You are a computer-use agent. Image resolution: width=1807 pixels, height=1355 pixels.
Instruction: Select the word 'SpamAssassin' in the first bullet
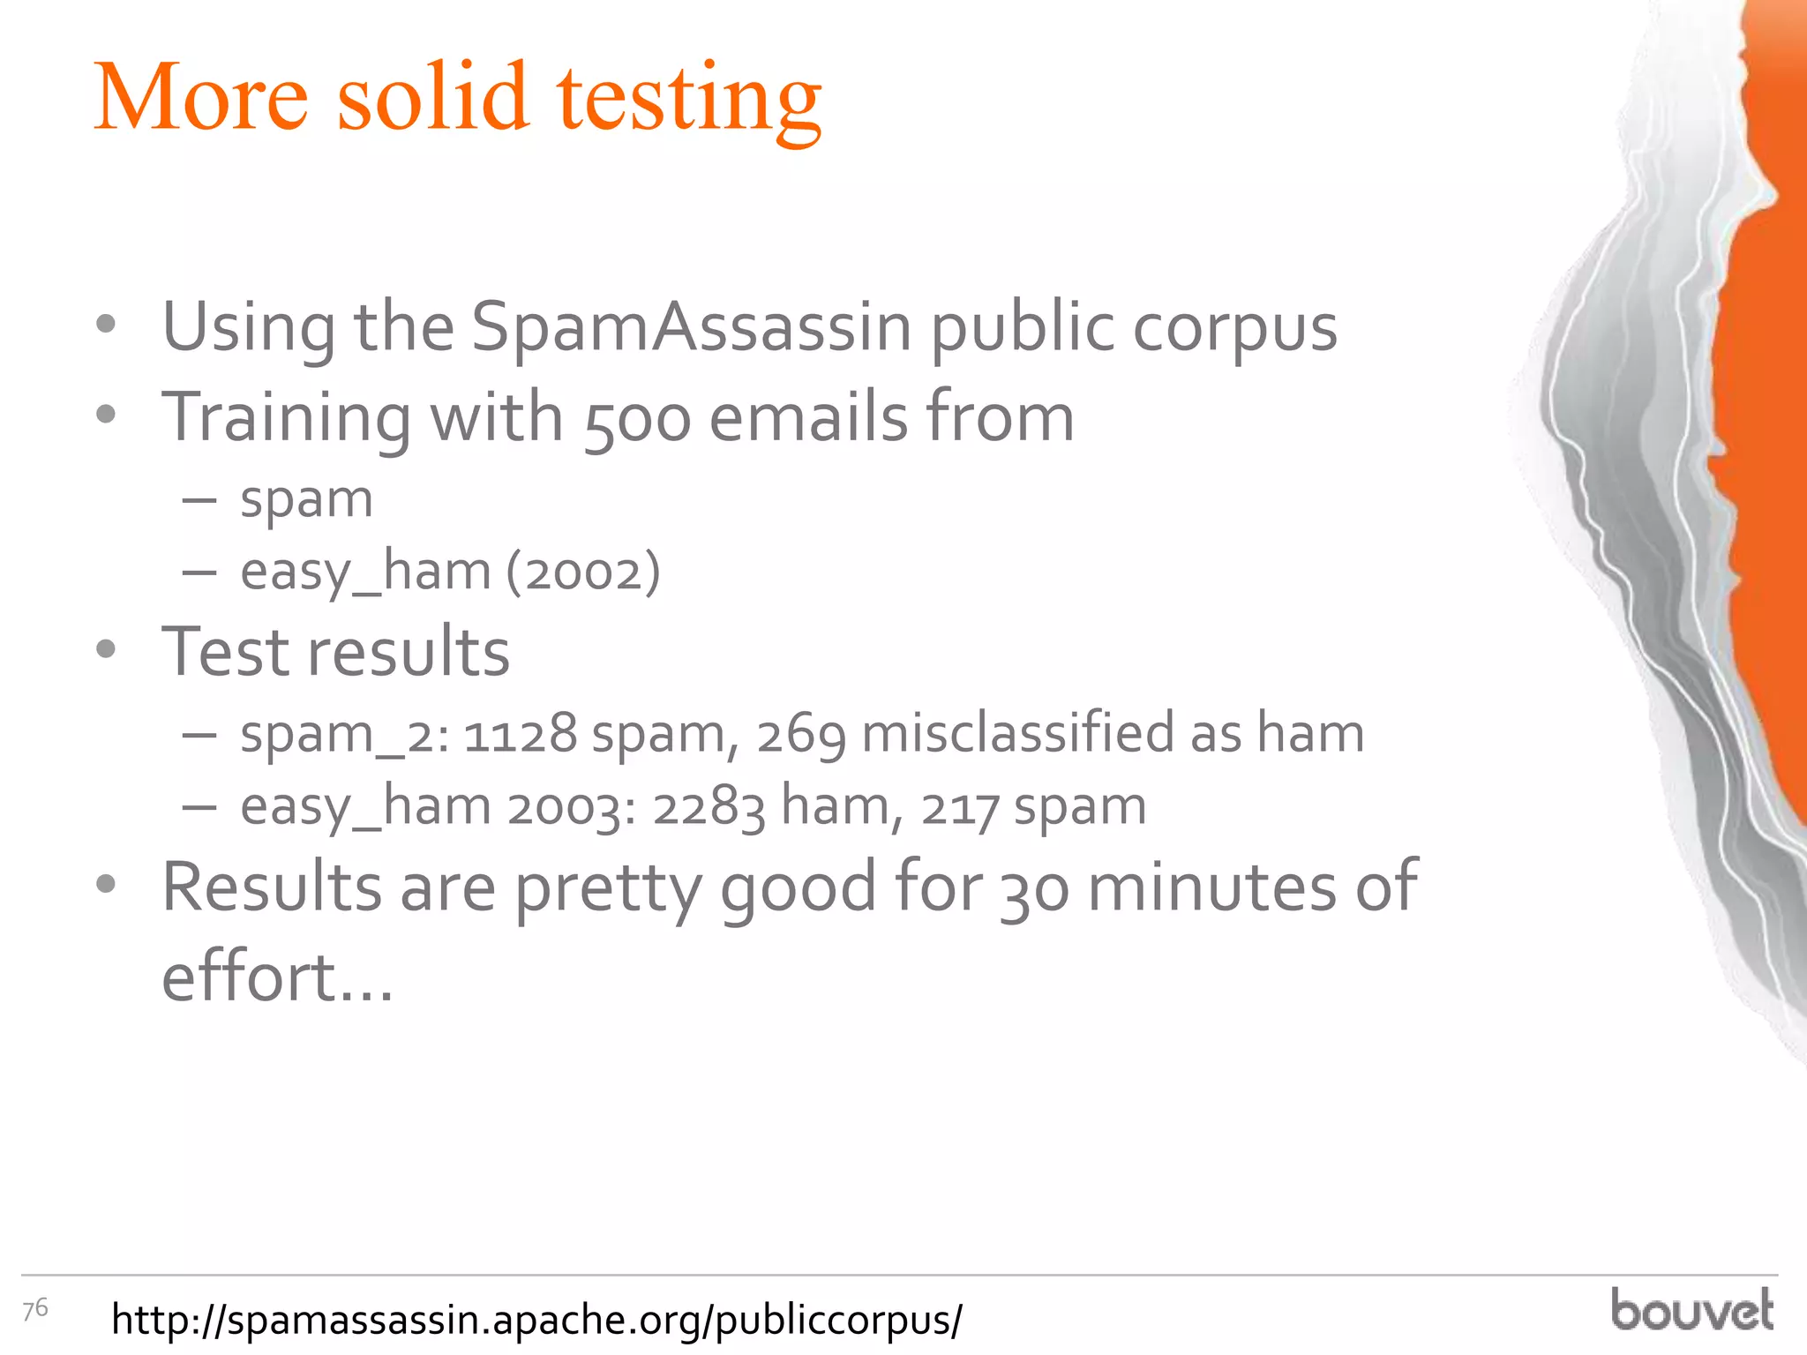point(692,326)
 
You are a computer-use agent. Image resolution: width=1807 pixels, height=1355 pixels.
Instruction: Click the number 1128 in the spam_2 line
point(520,734)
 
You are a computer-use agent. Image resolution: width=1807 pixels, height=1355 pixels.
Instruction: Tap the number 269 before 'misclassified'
point(801,734)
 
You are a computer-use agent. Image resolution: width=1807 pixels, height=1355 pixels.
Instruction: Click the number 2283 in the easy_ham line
point(709,806)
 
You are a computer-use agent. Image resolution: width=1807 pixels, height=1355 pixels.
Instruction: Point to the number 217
point(960,808)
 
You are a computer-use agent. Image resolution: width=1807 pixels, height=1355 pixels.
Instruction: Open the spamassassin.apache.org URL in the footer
point(536,1320)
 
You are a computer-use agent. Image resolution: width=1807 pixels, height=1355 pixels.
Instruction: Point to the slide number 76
point(35,1309)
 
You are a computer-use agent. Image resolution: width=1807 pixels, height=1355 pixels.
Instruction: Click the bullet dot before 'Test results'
point(106,650)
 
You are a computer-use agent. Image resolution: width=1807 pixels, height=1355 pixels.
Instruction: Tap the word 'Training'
point(286,418)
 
